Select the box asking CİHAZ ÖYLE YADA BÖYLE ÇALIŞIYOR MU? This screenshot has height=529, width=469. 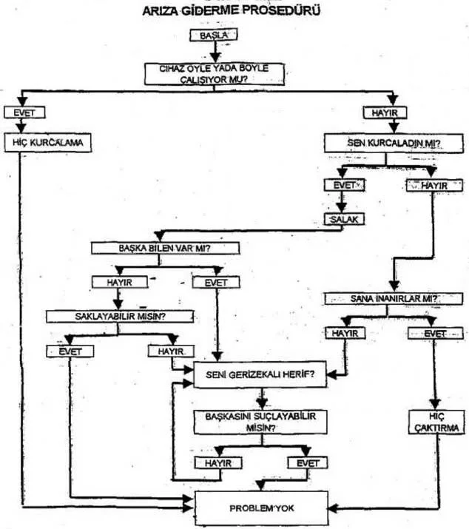(214, 74)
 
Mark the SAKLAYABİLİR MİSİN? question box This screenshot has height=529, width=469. (120, 316)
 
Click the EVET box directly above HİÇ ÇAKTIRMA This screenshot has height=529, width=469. (433, 334)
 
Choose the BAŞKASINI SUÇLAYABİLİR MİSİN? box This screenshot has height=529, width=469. (259, 422)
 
